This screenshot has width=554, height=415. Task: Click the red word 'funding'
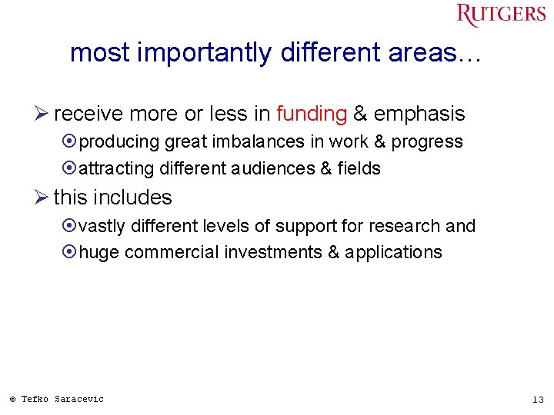(x=312, y=115)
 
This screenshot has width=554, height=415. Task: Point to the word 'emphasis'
(x=419, y=115)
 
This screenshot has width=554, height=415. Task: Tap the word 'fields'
(x=359, y=168)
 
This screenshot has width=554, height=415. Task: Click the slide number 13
(x=538, y=400)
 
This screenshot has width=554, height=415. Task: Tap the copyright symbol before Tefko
(x=12, y=400)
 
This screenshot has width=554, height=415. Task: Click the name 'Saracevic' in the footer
(x=78, y=399)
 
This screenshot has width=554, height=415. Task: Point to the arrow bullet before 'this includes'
(x=42, y=198)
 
